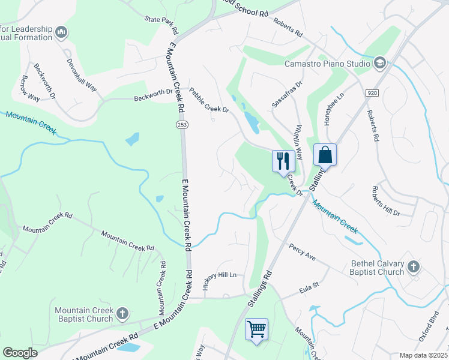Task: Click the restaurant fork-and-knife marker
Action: tap(282, 161)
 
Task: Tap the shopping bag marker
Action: tap(325, 155)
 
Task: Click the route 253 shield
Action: tap(181, 124)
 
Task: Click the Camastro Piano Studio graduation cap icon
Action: tap(379, 63)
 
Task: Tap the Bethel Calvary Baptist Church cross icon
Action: tap(414, 266)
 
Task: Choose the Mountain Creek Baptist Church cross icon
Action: tap(122, 313)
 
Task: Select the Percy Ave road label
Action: tap(302, 252)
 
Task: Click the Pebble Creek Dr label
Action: tap(209, 101)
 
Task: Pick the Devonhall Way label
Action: tap(81, 75)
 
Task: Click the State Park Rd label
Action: tap(161, 25)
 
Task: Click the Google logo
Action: tap(20, 353)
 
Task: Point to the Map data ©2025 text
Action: tap(423, 355)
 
